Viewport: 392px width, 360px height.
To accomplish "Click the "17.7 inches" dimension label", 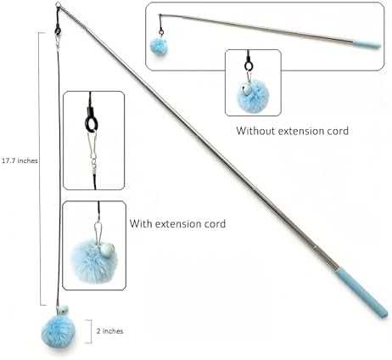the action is pyautogui.click(x=20, y=160).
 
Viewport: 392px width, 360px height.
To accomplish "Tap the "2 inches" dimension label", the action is pyautogui.click(x=109, y=331).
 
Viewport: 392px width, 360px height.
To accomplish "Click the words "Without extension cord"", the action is pyautogui.click(x=293, y=131).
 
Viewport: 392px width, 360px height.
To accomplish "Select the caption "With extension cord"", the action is pyautogui.click(x=177, y=224).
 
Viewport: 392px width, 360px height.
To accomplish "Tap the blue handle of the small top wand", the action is pyautogui.click(x=367, y=44).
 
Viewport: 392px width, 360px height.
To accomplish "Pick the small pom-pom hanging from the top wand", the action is pyautogui.click(x=159, y=47).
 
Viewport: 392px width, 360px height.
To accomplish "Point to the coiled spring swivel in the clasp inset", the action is pyautogui.click(x=95, y=169).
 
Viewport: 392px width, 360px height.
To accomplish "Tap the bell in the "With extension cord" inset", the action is pyautogui.click(x=107, y=251).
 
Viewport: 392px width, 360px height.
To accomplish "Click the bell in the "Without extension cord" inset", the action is pyautogui.click(x=246, y=90).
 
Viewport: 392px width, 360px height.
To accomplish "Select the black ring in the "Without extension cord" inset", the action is pyautogui.click(x=249, y=66).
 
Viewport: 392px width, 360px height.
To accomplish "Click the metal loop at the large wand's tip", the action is pyautogui.click(x=58, y=5).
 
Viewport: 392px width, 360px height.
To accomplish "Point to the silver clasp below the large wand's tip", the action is pyautogui.click(x=59, y=40).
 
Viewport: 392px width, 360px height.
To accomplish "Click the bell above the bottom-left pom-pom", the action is pyautogui.click(x=63, y=310).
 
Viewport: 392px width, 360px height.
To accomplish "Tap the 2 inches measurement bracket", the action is pyautogui.click(x=91, y=331).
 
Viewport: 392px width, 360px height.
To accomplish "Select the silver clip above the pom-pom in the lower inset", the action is pyautogui.click(x=98, y=233).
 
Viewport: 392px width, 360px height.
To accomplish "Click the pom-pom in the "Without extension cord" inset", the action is pyautogui.click(x=252, y=97).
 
